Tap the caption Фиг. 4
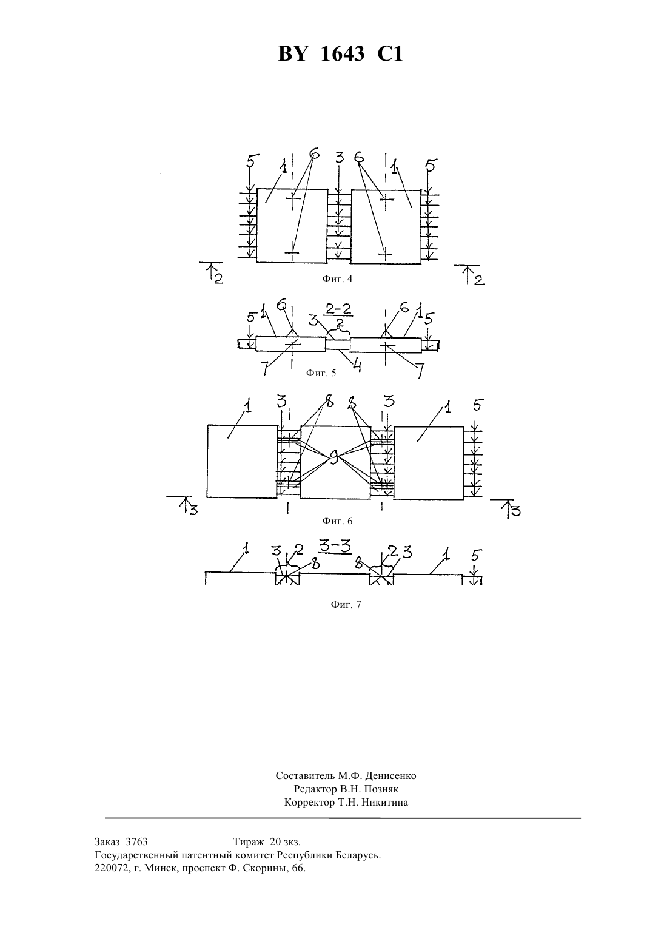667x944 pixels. pyautogui.click(x=337, y=279)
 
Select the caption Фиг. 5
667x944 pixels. pyautogui.click(x=321, y=373)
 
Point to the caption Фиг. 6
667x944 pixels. pyautogui.click(x=337, y=521)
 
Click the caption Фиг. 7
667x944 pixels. pyautogui.click(x=346, y=605)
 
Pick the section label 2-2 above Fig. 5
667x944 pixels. pyautogui.click(x=339, y=309)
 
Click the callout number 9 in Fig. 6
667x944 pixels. pyautogui.click(x=334, y=457)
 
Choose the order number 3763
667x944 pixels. pyautogui.click(x=136, y=842)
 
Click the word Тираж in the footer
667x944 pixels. pyautogui.click(x=249, y=842)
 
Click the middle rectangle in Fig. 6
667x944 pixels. pyautogui.click(x=335, y=463)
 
